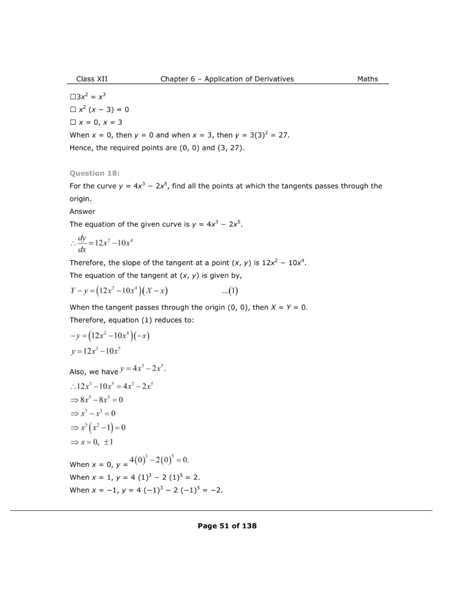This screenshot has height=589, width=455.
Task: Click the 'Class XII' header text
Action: point(91,79)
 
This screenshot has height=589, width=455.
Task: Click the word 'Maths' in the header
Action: point(368,79)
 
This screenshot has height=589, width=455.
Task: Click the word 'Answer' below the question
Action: point(82,211)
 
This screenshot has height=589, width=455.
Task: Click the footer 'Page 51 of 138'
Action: point(227,526)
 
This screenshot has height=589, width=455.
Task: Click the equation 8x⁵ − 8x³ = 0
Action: point(97,400)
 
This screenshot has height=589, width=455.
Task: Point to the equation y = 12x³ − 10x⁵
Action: point(95,350)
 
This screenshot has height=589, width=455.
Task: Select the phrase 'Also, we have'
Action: point(93,372)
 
